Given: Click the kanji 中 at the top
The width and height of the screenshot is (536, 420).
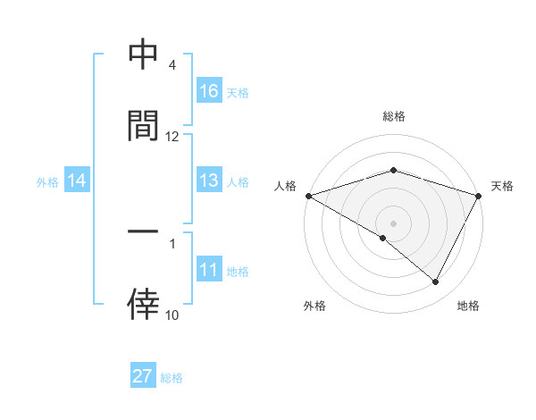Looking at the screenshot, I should coord(143,55).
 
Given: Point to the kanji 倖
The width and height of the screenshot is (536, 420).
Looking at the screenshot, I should coord(143,304).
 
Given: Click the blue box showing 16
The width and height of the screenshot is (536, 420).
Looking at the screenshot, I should coord(209,91).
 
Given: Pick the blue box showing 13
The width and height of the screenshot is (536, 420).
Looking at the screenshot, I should coord(209,181).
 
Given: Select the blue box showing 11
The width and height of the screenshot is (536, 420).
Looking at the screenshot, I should coord(209,271).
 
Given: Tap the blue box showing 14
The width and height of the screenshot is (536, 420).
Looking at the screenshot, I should coord(77,181).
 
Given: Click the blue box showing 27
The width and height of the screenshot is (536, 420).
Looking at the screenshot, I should coord(143,376).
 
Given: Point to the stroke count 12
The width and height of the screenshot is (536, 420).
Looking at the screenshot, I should coord(172,136).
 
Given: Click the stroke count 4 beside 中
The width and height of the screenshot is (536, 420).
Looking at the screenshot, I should coord(172,65).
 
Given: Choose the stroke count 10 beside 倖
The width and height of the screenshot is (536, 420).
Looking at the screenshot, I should coord(172,315).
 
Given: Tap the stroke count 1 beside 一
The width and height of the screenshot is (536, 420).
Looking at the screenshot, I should coord(172,242).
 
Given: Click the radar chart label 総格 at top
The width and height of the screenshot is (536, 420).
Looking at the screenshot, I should coord(394,116).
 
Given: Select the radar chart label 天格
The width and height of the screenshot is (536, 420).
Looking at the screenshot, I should coord(503,186).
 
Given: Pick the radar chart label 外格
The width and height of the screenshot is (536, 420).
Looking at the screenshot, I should coord(314,307).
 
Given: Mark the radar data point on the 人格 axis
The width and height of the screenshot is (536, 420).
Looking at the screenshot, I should coord(308,195).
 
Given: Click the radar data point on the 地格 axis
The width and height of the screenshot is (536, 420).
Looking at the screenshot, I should coord(436,282).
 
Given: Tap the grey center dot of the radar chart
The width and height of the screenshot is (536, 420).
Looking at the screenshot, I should coord(394,223).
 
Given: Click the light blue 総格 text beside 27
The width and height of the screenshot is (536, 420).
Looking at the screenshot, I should coord(172,377).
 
